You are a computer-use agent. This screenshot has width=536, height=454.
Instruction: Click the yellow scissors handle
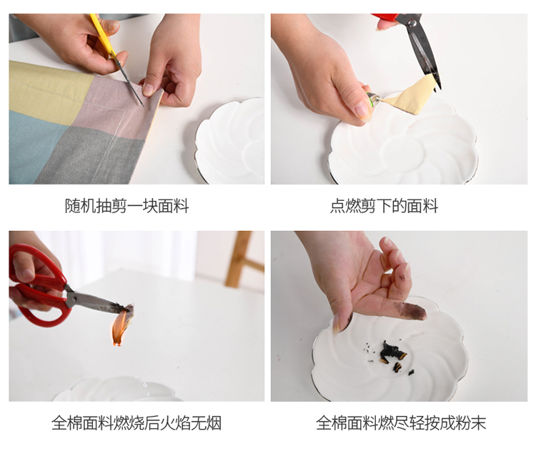(x=102, y=34)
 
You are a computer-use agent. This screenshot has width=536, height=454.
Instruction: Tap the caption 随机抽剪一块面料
(x=126, y=206)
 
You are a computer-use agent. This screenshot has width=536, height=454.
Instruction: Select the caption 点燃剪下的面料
(x=384, y=206)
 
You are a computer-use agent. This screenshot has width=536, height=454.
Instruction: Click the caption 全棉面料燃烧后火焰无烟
(x=137, y=423)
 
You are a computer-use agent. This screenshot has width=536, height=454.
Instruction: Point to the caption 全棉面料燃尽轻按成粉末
(x=401, y=423)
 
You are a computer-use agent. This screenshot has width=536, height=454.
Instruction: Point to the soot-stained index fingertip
(x=412, y=311)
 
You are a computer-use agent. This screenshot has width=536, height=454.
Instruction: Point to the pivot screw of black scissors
(x=412, y=23)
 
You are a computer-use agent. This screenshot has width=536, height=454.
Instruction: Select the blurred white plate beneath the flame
(x=118, y=390)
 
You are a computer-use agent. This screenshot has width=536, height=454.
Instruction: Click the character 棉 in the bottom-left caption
(x=74, y=423)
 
